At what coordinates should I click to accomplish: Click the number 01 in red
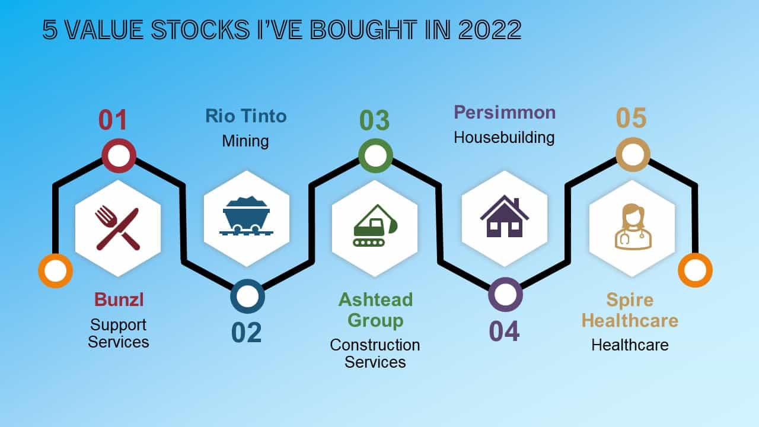coord(113,120)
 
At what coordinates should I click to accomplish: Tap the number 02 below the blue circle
coord(246,333)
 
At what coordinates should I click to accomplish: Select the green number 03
coord(374,120)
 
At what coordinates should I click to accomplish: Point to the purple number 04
coord(504,331)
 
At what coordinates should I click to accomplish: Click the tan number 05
coord(632,118)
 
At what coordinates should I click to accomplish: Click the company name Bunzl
coord(119,299)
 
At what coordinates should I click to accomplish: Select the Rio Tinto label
coord(246,116)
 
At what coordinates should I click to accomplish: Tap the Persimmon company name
coord(505,113)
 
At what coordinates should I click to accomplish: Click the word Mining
coord(245,141)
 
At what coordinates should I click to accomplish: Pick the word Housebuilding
coord(504,138)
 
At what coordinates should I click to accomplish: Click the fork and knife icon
coord(117,228)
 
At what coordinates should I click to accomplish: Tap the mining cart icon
coord(246,216)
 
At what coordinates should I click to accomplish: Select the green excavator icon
coord(375,225)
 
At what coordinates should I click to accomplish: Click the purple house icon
coord(505,216)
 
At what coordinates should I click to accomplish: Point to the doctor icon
coord(633,227)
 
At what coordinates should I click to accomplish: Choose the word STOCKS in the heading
coord(200,30)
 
